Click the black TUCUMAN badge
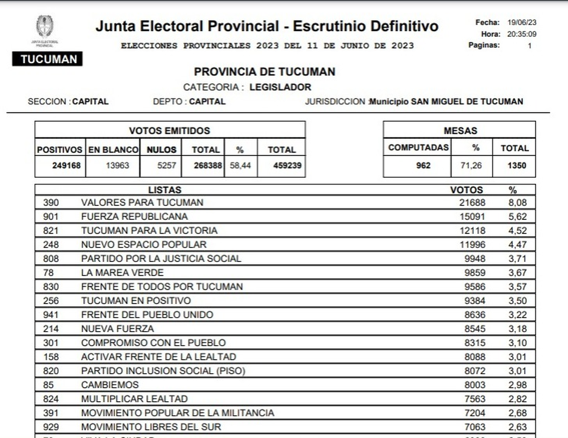click(48, 59)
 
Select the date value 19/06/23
click(523, 22)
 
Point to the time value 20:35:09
click(523, 34)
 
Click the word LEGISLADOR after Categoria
click(280, 87)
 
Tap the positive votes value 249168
click(67, 166)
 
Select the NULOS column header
click(161, 149)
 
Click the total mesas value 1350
click(514, 166)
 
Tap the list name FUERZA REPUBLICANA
click(134, 217)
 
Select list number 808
click(51, 259)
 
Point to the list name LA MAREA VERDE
click(122, 272)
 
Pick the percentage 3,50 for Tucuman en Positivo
click(517, 301)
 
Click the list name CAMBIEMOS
click(110, 385)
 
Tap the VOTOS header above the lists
click(466, 190)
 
